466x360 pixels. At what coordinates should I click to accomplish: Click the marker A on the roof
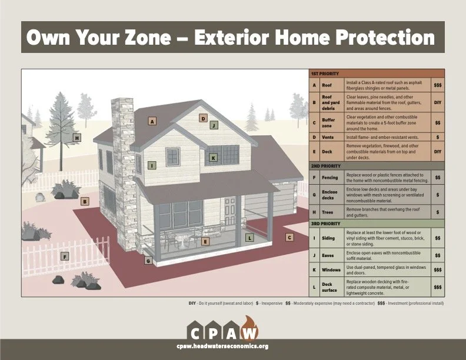tap(152, 121)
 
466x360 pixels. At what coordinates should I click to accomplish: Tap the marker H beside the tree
tap(76, 138)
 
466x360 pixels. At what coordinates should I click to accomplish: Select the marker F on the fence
tap(65, 256)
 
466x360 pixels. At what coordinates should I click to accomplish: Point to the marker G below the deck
tap(148, 260)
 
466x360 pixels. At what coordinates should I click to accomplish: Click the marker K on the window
tap(213, 158)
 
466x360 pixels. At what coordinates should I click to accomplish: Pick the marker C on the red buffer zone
tap(289, 238)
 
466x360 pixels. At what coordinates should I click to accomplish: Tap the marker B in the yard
tap(85, 201)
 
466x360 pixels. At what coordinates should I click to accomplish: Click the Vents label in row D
tap(328, 137)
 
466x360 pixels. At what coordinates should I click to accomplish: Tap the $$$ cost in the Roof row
tap(437, 85)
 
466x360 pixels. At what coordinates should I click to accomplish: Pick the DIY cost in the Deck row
tap(437, 152)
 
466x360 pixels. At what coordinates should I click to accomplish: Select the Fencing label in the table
tap(330, 177)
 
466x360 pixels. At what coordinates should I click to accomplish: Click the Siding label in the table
tap(328, 238)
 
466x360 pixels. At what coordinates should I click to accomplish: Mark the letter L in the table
tap(314, 287)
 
